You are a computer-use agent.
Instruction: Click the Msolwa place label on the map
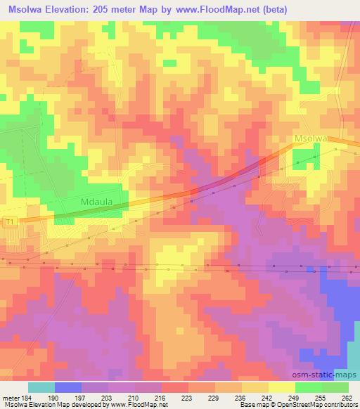point(311,139)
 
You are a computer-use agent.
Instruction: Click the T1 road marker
point(9,222)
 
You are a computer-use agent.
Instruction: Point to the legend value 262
point(347,397)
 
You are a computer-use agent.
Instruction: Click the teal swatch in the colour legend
point(41,387)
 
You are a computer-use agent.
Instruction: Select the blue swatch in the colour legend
point(67,387)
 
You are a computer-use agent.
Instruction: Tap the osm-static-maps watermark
point(330,374)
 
